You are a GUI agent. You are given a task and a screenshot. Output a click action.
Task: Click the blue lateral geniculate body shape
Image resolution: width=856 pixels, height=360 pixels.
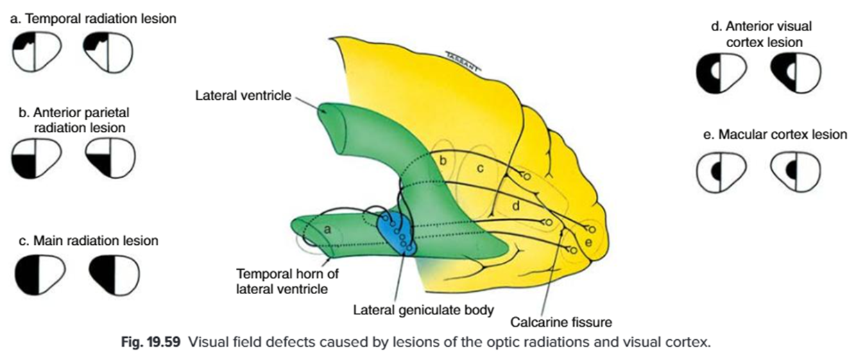click(397, 232)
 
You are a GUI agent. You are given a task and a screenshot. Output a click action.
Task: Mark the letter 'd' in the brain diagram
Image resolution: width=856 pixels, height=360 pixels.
click(515, 205)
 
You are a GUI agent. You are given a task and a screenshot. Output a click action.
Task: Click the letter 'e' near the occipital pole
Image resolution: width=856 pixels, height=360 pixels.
click(589, 241)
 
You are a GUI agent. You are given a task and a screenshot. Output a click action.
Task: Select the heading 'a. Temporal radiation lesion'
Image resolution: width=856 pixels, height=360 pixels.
click(93, 19)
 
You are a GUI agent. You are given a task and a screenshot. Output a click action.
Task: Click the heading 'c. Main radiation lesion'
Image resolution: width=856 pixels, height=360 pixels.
click(84, 241)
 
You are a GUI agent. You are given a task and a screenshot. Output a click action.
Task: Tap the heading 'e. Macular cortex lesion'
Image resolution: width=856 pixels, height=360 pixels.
click(775, 135)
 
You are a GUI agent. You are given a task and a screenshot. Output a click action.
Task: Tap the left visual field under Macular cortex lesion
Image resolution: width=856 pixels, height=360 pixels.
click(722, 169)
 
